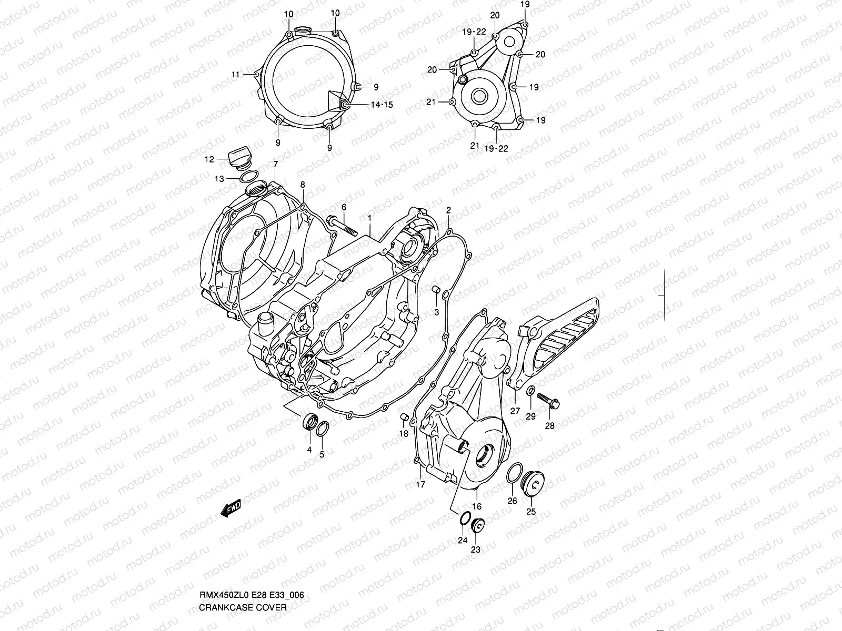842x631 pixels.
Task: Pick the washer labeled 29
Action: (531, 391)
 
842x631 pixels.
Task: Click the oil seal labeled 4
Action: (309, 422)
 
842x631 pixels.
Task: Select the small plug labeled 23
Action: (478, 525)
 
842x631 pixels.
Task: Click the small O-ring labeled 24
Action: (464, 518)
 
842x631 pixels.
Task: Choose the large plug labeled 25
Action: (533, 482)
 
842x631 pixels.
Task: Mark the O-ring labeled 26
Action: (515, 473)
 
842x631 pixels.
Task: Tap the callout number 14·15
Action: (382, 105)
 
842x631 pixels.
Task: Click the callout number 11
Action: (235, 75)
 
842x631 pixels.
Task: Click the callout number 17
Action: (420, 484)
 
